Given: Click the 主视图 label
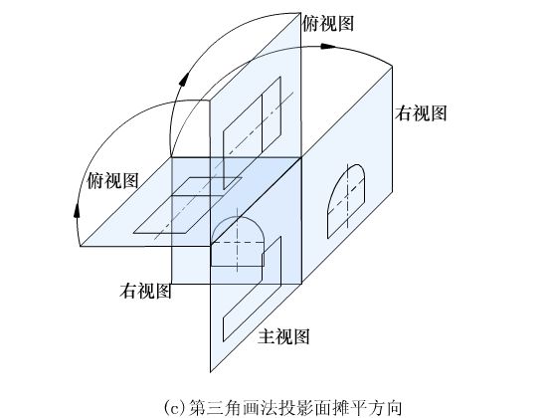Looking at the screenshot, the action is [x=283, y=336].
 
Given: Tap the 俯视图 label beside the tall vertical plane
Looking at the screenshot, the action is [x=328, y=24].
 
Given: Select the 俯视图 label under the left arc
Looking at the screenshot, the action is [x=112, y=180].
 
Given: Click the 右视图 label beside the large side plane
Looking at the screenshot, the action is [x=421, y=113].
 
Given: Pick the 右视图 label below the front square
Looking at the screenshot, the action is [x=145, y=291].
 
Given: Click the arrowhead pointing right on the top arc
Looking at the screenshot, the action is [x=328, y=46].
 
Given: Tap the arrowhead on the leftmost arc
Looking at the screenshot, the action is [x=77, y=210].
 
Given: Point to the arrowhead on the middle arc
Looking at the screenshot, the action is [x=184, y=79].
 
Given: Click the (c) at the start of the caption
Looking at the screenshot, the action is [x=176, y=407].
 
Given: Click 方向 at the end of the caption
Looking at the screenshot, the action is [x=386, y=407].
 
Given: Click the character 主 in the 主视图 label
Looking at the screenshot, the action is [x=267, y=336].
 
